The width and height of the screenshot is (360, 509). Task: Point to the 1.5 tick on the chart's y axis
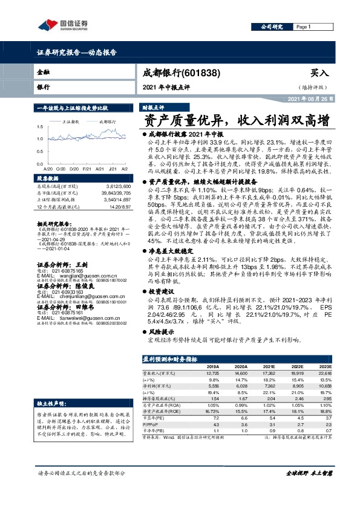point(41,126)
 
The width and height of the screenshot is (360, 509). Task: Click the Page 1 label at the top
point(303,27)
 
